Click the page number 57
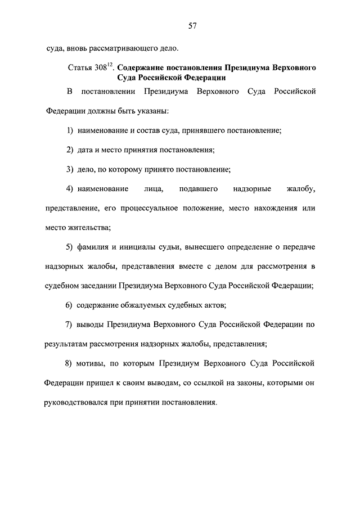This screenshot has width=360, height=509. (192, 26)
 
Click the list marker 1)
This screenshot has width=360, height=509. (70, 130)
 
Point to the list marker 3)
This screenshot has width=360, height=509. (70, 169)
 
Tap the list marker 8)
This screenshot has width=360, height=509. (70, 363)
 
